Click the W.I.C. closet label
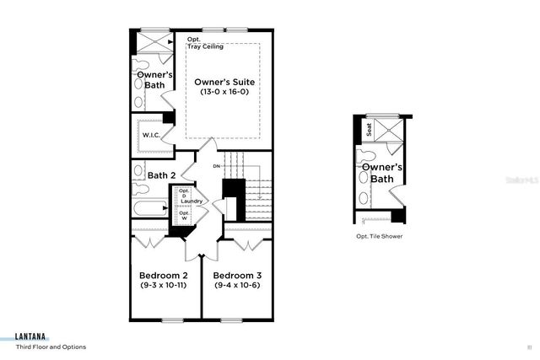pos(151,135)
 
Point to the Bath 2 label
pos(160,175)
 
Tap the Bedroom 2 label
pos(162,276)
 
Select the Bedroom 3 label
pos(236,276)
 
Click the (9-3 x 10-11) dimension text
pos(162,286)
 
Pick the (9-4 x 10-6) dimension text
pos(236,286)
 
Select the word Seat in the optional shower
pos(368,129)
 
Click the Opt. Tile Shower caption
pos(379,237)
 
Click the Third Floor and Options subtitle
pos(51,347)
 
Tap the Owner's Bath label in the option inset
pos(383,173)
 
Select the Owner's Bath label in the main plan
pos(154,79)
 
